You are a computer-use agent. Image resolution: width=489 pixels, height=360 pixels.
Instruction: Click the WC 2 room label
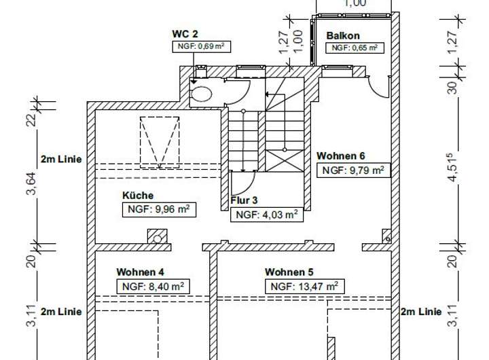185,33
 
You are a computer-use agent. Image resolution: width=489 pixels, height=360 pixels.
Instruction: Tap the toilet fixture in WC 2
202,95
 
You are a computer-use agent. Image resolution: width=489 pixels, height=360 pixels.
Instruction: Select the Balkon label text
343,35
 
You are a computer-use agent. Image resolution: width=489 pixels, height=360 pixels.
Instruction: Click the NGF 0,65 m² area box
354,48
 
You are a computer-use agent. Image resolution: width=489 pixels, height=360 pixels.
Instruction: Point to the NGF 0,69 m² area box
199,46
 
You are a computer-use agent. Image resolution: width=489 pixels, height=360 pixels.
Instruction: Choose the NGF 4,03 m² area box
266,215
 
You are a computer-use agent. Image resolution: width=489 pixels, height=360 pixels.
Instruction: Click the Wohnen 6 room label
341,156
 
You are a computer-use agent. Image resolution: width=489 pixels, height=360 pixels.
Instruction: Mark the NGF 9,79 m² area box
355,170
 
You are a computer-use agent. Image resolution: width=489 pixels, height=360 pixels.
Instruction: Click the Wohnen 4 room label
141,272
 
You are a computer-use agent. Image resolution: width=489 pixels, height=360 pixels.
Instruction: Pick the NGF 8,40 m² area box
153,286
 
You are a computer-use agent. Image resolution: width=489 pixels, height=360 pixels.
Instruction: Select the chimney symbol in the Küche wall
158,236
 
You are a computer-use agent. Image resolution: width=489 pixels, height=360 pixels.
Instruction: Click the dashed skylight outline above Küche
160,143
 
